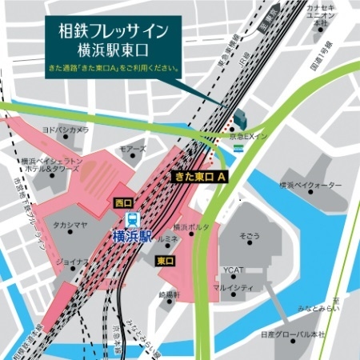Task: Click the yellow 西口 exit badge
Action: click(123, 202)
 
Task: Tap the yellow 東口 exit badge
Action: click(166, 260)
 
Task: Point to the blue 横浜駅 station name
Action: click(132, 236)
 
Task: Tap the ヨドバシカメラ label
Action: click(66, 129)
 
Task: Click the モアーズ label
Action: click(133, 150)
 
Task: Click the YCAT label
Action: click(234, 269)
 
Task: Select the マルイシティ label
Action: click(234, 286)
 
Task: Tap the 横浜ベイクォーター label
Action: click(311, 185)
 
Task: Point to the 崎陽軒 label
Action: click(170, 295)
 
